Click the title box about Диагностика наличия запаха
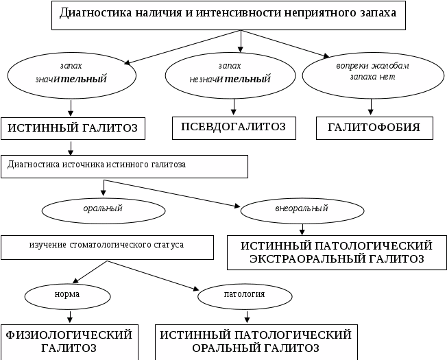[228, 14]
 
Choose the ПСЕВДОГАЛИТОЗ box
[233, 127]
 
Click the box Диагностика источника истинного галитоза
[124, 166]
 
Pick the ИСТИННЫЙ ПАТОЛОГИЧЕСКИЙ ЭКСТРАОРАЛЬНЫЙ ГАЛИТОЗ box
[336, 252]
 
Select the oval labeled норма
[68, 296]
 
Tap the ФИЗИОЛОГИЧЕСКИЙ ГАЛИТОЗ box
[69, 341]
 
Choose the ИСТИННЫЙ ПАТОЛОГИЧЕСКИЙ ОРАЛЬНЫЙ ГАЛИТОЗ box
[256, 341]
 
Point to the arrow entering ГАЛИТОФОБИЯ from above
[372, 107]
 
